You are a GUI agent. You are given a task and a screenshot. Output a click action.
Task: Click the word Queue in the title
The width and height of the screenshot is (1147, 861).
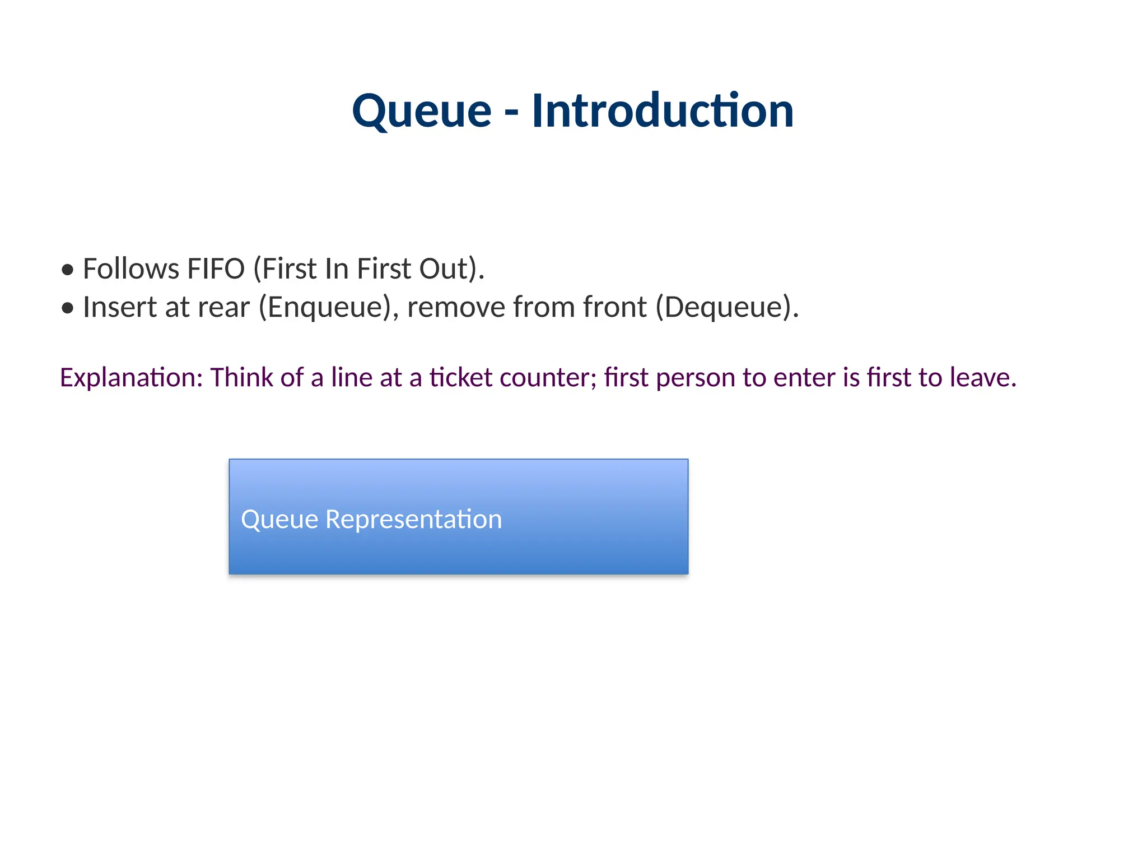(421, 111)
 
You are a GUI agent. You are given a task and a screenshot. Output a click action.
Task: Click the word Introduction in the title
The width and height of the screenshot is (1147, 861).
(662, 111)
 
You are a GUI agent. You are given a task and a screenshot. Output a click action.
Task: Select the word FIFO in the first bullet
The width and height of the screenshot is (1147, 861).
(216, 269)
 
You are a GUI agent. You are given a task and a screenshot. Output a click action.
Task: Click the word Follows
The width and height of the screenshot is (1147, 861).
(131, 269)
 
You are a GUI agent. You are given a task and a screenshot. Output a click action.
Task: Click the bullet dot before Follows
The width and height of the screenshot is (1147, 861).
(68, 270)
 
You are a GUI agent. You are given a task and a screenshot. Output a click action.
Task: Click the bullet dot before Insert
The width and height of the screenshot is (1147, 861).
(68, 308)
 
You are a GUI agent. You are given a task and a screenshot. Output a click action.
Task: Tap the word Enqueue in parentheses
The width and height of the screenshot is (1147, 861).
(324, 307)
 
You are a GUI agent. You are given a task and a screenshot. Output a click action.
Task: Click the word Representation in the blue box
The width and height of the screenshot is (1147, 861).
(413, 519)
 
